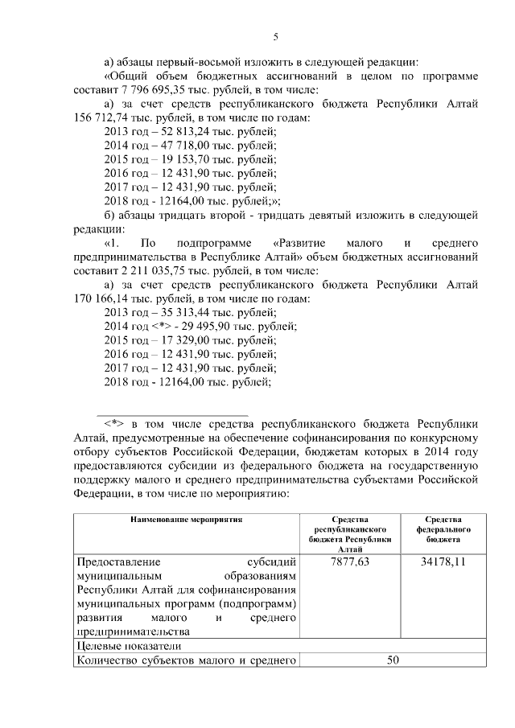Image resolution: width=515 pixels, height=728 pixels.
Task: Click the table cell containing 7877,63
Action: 350,561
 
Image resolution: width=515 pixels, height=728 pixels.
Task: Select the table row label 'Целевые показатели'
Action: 129,645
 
